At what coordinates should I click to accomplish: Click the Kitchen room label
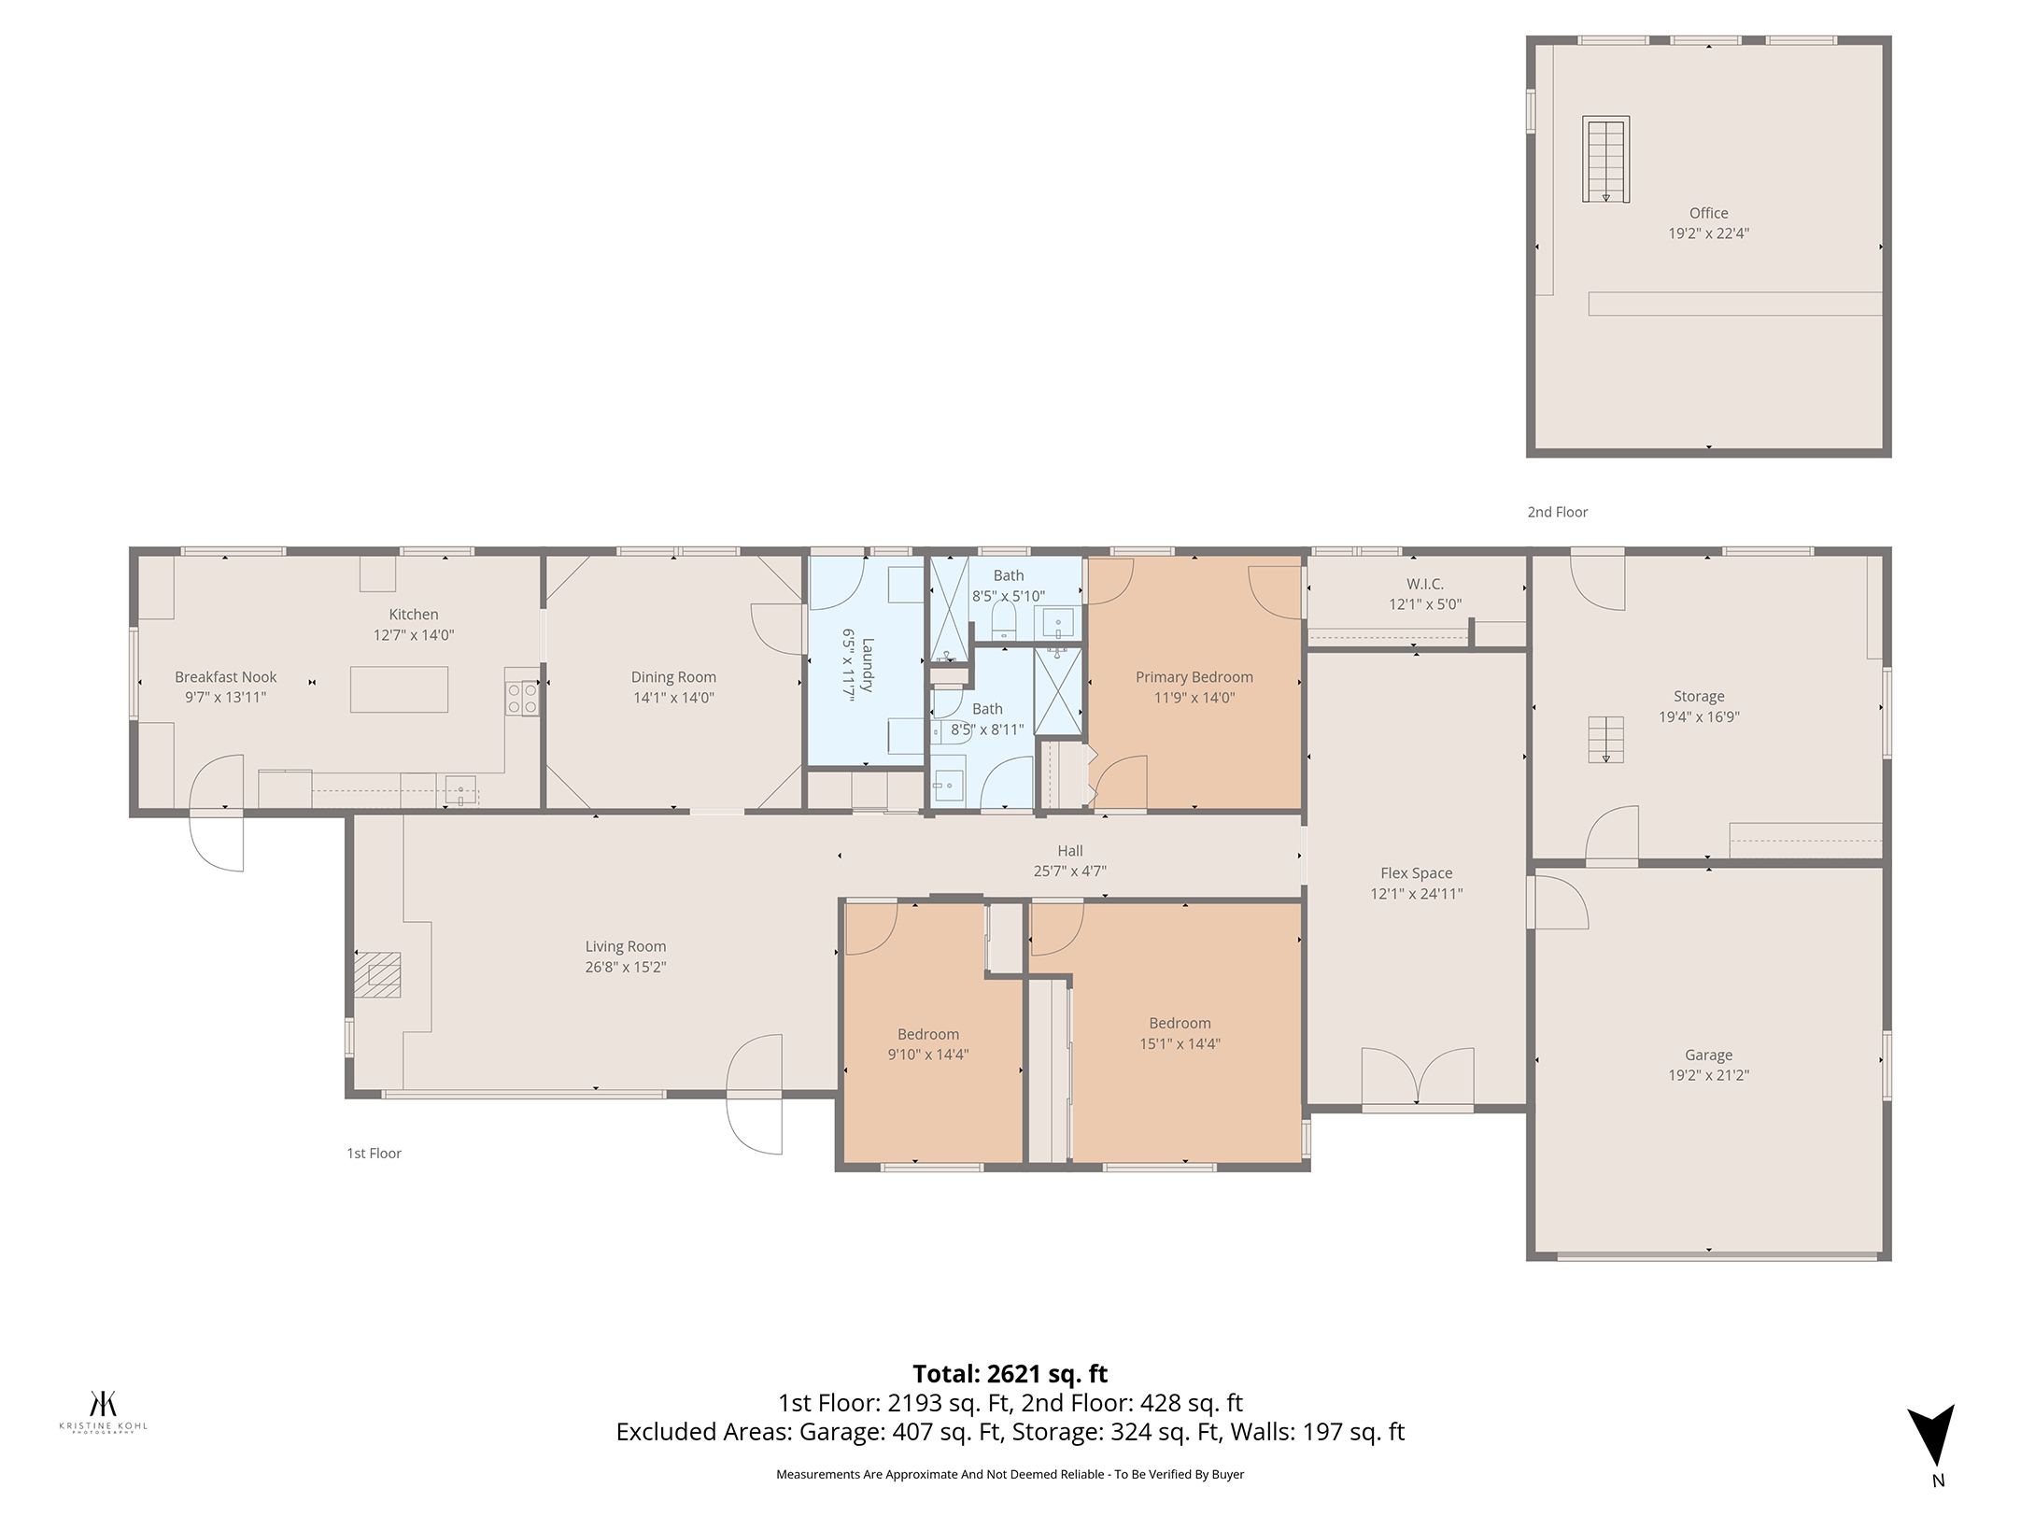[x=414, y=615]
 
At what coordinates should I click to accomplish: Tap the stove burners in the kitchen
[x=522, y=698]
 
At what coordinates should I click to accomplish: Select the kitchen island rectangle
[x=399, y=689]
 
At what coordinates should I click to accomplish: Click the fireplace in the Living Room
[x=378, y=974]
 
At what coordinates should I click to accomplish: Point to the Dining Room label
[x=673, y=677]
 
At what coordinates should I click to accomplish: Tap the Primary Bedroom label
[x=1194, y=677]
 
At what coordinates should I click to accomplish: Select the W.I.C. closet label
[x=1425, y=584]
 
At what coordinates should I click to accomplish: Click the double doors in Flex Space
[x=1418, y=1079]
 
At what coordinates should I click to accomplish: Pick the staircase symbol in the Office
[x=1605, y=159]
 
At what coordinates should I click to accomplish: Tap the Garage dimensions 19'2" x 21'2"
[x=1709, y=1075]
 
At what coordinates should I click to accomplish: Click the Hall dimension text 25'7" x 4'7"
[x=1070, y=871]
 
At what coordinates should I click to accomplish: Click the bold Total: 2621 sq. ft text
[x=1010, y=1373]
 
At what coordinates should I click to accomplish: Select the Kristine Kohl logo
[x=103, y=1411]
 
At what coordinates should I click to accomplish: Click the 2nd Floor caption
[x=1558, y=512]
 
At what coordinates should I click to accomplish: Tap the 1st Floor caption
[x=374, y=1154]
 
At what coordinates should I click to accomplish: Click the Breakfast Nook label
[x=226, y=677]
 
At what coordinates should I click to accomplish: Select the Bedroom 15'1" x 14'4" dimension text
[x=1180, y=1043]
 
